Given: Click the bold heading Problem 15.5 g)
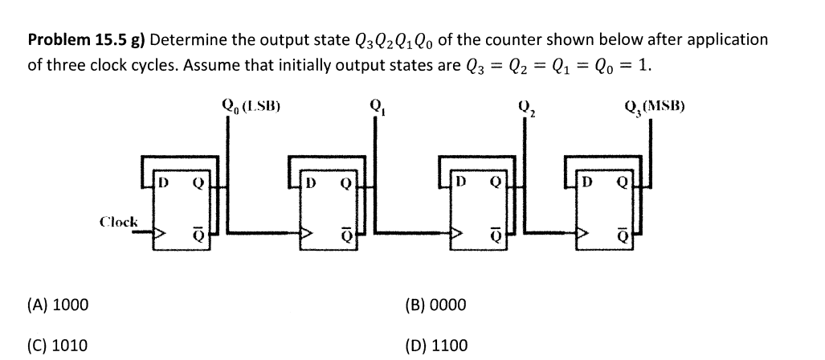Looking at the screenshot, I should coord(86,39).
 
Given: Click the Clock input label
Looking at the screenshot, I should coord(118,220).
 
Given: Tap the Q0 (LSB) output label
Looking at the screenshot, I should coord(250,104).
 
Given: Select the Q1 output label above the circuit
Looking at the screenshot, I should coord(374,104).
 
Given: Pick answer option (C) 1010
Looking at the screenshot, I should coord(59,346).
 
